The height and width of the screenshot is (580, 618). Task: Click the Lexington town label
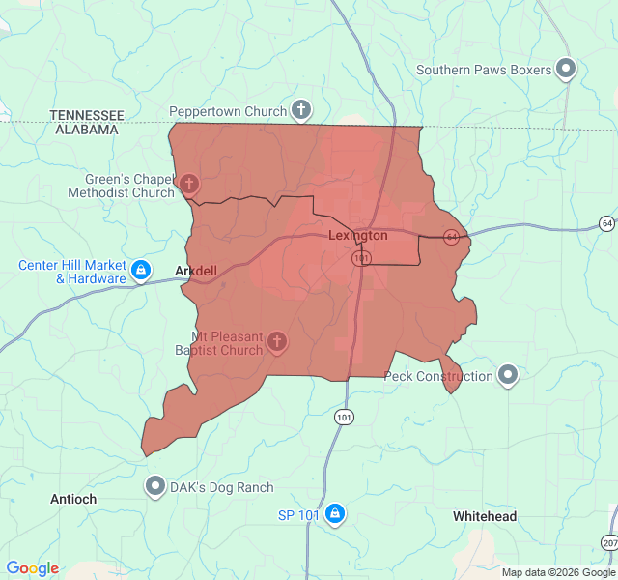pyautogui.click(x=357, y=236)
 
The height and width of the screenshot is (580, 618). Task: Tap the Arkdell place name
pyautogui.click(x=196, y=271)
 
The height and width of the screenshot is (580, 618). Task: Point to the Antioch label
pyautogui.click(x=73, y=499)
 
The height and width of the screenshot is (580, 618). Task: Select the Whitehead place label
pyautogui.click(x=485, y=517)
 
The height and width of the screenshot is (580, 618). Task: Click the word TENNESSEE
pyautogui.click(x=87, y=115)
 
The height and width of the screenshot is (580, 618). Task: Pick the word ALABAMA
pyautogui.click(x=88, y=129)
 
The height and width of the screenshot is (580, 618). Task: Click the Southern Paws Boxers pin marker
pyautogui.click(x=567, y=69)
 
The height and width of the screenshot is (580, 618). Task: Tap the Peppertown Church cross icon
pyautogui.click(x=301, y=110)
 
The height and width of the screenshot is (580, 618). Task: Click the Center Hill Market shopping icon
pyautogui.click(x=141, y=270)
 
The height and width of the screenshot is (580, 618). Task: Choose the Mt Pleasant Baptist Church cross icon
pyautogui.click(x=277, y=341)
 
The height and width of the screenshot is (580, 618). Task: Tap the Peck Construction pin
pyautogui.click(x=508, y=376)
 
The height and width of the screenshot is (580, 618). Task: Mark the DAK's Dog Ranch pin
pyautogui.click(x=154, y=486)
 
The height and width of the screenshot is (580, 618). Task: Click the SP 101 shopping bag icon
pyautogui.click(x=334, y=513)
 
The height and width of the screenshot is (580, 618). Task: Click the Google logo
pyautogui.click(x=32, y=568)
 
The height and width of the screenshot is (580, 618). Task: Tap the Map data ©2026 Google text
pyautogui.click(x=556, y=572)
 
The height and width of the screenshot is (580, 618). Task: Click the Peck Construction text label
pyautogui.click(x=438, y=377)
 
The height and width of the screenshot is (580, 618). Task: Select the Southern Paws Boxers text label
pyautogui.click(x=484, y=70)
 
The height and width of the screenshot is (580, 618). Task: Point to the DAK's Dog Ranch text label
pyautogui.click(x=222, y=487)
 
